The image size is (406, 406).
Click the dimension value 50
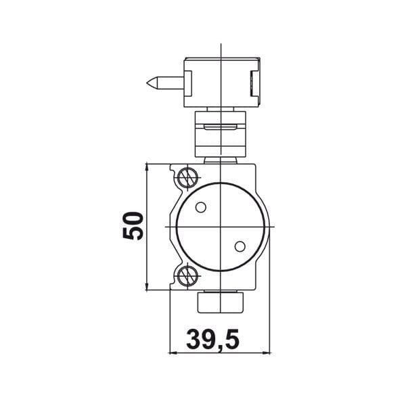tap(133, 225)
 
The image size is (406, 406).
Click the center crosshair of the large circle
tap(221, 225)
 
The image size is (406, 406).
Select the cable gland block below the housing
tap(221, 302)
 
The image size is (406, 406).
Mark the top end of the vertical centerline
tap(221, 46)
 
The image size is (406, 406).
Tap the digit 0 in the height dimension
tap(133, 217)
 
